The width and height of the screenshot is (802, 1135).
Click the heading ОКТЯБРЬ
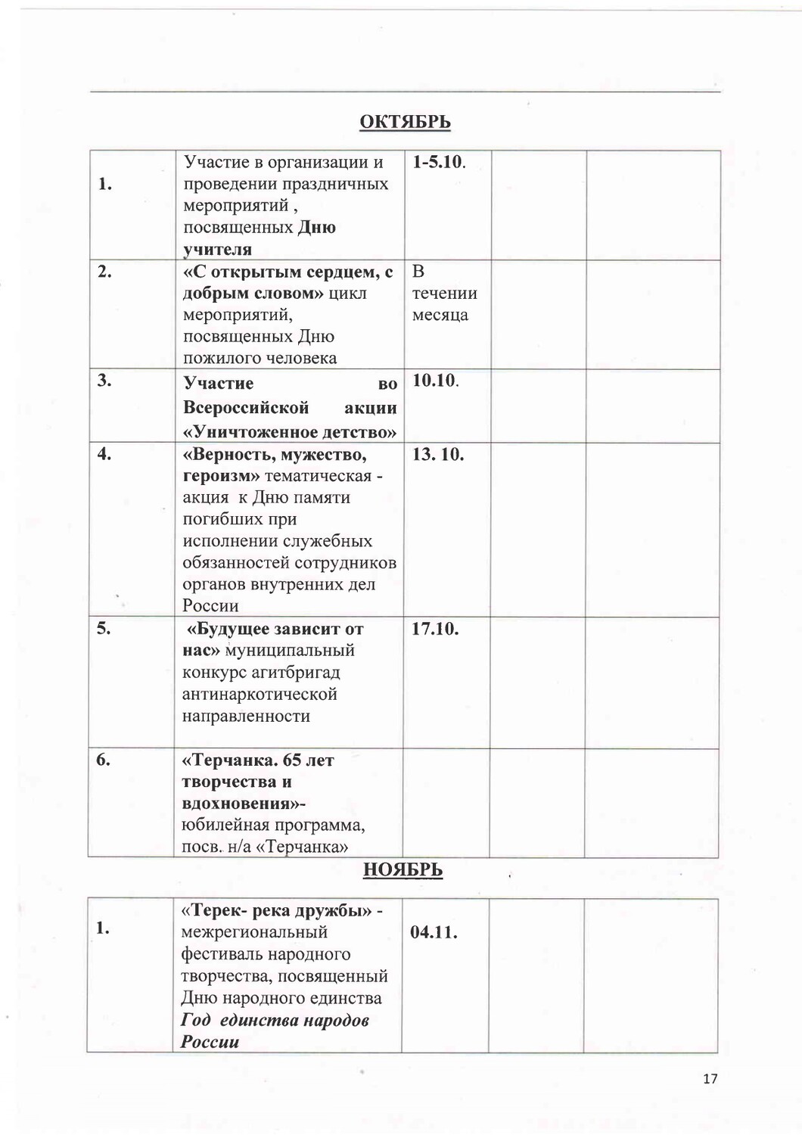[405, 122]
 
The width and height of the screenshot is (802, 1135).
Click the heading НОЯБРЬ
[403, 870]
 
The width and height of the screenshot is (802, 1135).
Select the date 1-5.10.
[439, 162]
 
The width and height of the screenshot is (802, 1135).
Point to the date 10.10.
[435, 380]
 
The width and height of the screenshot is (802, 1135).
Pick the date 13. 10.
[438, 455]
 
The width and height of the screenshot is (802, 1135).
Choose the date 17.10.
[435, 629]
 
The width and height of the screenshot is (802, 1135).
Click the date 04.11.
[434, 931]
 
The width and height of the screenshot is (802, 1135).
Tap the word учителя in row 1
[217, 249]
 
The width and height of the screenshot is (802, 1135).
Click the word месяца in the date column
[440, 315]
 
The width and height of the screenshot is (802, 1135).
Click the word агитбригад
[297, 672]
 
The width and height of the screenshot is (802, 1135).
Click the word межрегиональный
[253, 932]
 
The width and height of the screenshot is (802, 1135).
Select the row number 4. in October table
[104, 454]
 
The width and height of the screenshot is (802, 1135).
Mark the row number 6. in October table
[104, 760]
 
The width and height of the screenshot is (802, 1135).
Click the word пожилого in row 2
[220, 358]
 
